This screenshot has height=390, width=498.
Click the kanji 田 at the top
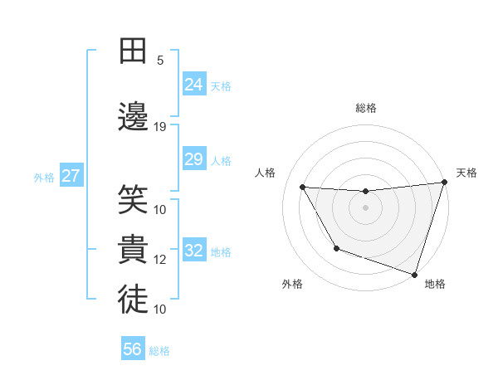tap(133, 51)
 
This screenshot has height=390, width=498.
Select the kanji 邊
tap(133, 115)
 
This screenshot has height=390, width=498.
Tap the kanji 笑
tap(133, 199)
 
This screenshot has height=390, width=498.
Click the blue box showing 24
tap(194, 84)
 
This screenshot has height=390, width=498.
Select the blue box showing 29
tap(194, 159)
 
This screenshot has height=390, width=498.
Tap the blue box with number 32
tap(194, 251)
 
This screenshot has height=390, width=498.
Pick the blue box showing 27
tap(71, 176)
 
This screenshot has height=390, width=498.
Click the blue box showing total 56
tap(133, 349)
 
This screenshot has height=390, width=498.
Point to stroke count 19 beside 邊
tap(160, 127)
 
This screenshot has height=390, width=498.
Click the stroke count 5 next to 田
tap(160, 61)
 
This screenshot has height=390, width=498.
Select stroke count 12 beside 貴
tap(160, 260)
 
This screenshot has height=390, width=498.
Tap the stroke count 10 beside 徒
tap(160, 310)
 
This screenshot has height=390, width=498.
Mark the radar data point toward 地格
tap(414, 274)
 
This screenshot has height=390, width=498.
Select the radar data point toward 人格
tap(303, 188)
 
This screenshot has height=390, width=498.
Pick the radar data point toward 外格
tap(336, 248)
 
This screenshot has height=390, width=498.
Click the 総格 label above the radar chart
tap(366, 108)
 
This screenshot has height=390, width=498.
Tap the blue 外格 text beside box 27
tap(44, 177)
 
